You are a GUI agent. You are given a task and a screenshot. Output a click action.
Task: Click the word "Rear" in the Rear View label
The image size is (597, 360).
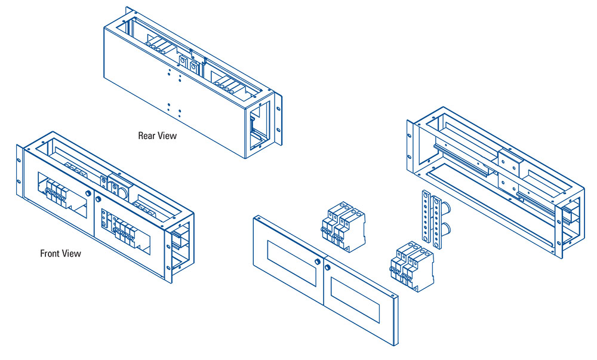(146, 136)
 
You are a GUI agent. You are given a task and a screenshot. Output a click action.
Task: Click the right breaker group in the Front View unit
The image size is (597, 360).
(123, 230)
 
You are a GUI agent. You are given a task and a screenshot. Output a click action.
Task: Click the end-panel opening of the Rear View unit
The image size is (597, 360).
(259, 125)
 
